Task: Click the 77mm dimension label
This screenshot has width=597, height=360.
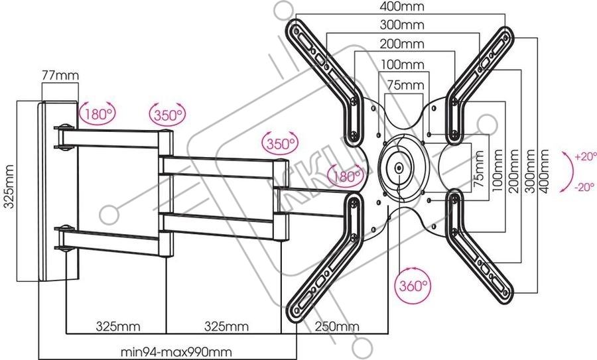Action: [60, 75]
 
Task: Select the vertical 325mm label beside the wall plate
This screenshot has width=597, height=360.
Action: [9, 186]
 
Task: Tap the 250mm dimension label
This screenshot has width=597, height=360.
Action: [336, 326]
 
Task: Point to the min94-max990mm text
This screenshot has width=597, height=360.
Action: [176, 352]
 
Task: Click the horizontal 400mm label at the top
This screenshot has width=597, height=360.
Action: [402, 7]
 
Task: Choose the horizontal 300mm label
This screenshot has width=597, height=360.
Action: [402, 25]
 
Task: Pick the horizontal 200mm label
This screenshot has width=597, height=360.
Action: [402, 44]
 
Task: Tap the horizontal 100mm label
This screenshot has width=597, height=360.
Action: [403, 65]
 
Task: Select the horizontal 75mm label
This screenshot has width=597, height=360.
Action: [405, 84]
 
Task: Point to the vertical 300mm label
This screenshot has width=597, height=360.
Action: [529, 171]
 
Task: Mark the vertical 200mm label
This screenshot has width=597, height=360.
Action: [513, 171]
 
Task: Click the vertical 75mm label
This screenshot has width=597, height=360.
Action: [479, 168]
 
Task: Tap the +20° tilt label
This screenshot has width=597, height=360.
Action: [586, 156]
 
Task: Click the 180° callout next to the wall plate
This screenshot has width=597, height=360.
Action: [98, 113]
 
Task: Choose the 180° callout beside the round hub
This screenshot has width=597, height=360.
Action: [346, 176]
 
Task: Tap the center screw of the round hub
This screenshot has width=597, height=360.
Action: [399, 167]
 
